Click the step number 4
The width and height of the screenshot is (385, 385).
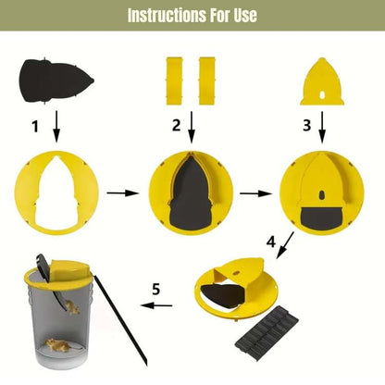pos(271,242)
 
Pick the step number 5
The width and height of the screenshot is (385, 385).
pos(157,289)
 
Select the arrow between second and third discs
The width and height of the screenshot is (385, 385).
pos(252,195)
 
